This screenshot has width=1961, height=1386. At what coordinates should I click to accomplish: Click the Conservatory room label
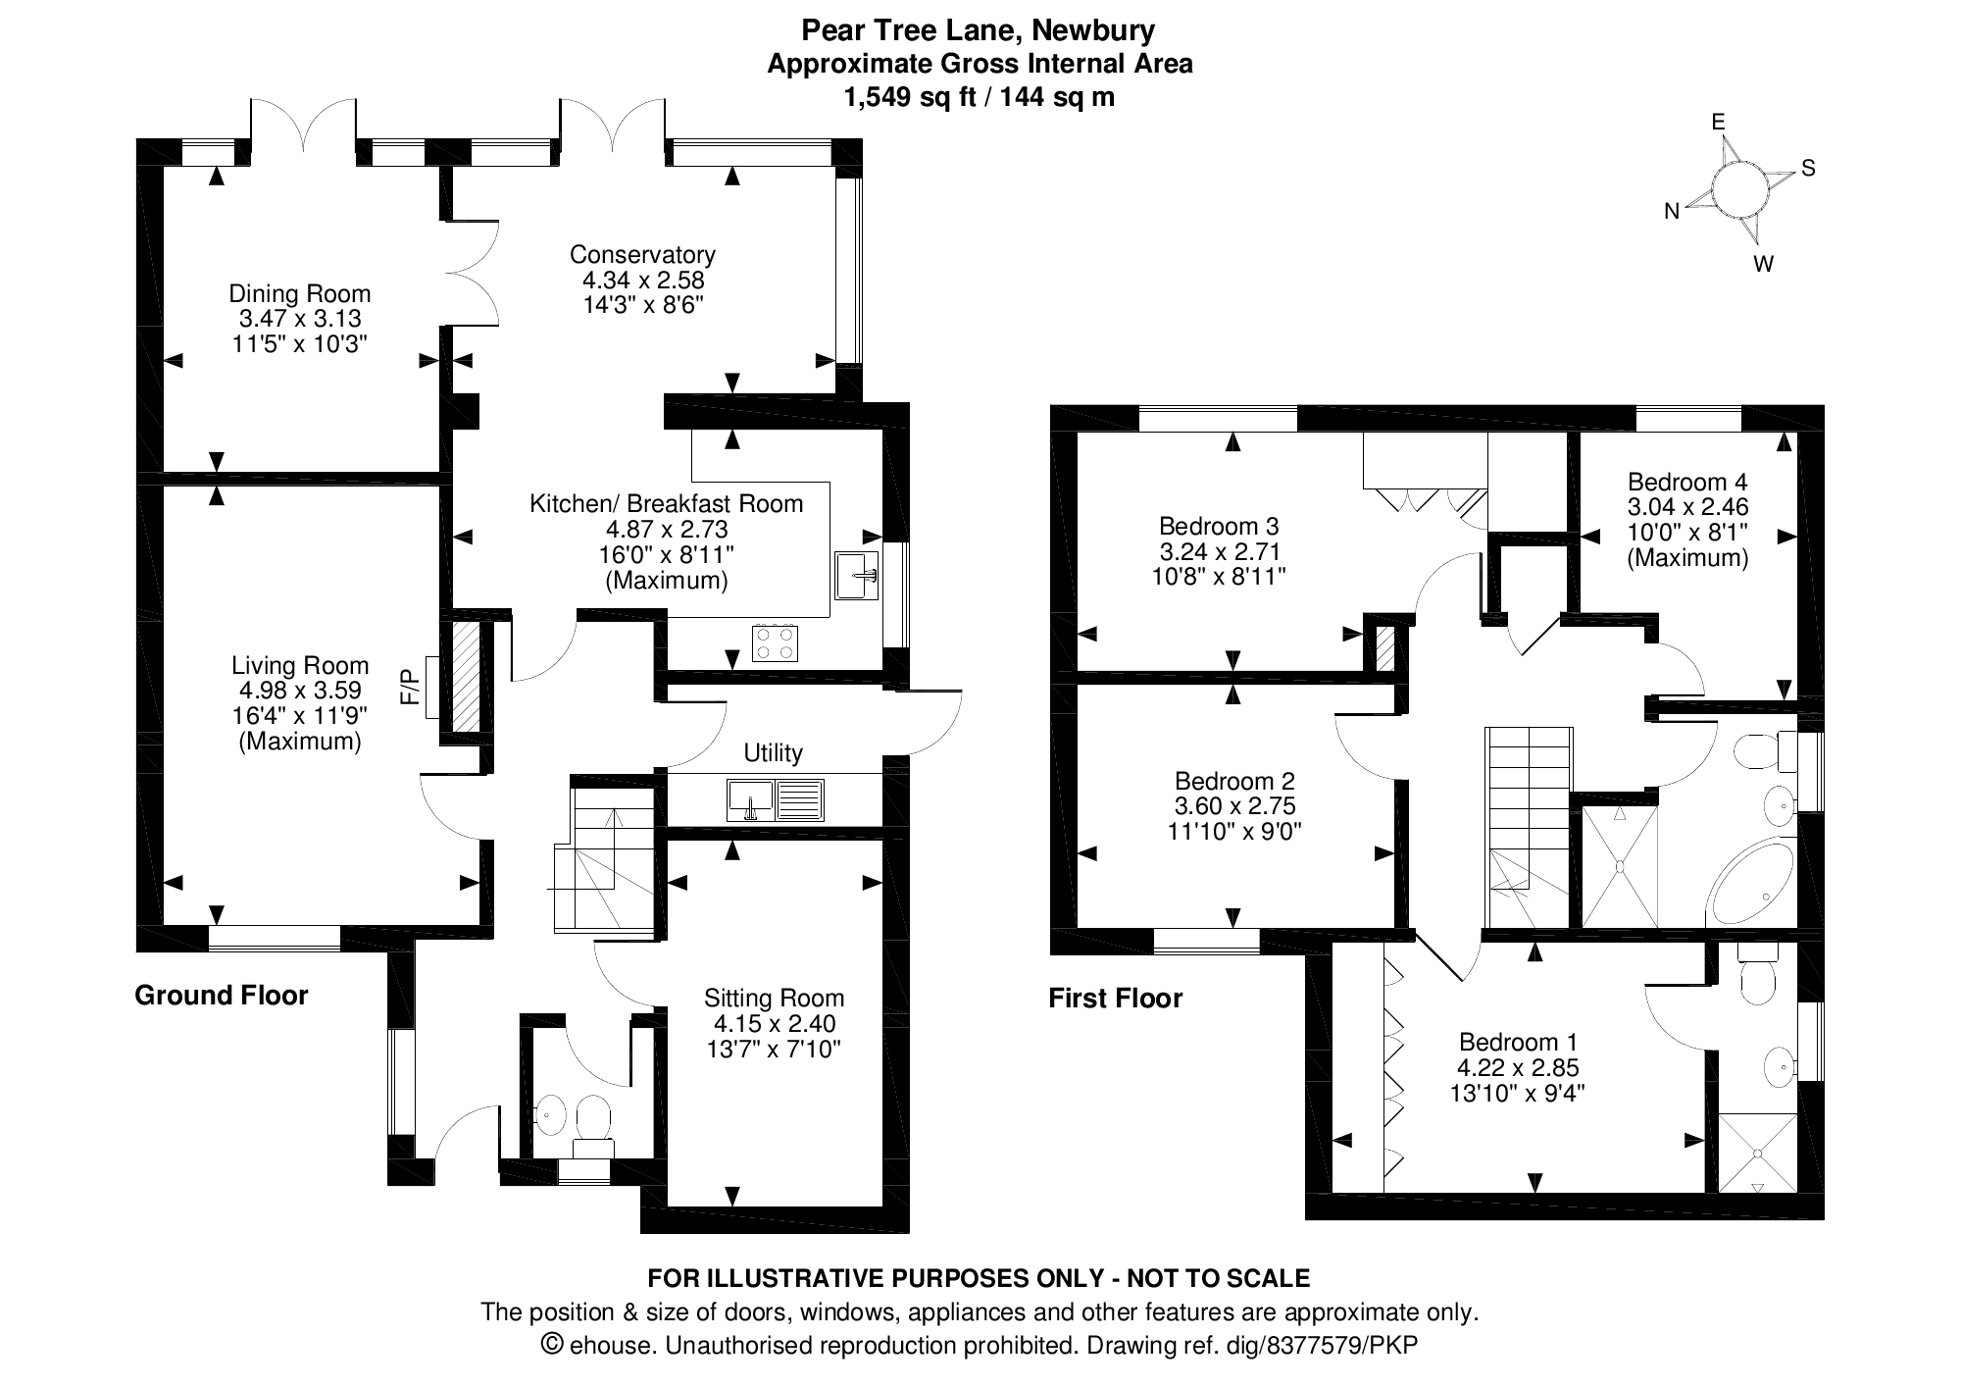642,255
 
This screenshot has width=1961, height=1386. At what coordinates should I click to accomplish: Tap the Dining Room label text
300,293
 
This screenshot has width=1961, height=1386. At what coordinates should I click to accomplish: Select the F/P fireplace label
410,686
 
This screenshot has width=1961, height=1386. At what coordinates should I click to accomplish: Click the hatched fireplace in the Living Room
466,676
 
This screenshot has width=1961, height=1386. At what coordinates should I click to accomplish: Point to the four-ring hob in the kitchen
775,642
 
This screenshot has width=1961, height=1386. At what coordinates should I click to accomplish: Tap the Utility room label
773,753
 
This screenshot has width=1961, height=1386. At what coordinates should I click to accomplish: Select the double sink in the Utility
776,799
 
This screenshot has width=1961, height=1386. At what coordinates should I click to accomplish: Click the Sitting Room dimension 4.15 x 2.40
774,1024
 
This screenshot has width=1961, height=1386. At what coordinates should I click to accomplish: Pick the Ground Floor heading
222,996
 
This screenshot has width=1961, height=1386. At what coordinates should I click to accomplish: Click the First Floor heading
1116,999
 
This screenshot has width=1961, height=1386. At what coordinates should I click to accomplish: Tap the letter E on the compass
1718,122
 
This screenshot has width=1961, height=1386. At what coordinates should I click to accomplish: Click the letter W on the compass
1763,264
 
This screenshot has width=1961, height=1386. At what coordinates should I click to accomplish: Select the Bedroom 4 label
1687,482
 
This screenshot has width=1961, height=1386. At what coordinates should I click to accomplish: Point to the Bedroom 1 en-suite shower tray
1757,1153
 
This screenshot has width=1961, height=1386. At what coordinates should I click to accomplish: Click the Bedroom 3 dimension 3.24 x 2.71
1219,551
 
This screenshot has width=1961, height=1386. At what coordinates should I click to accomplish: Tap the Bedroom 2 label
1234,782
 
